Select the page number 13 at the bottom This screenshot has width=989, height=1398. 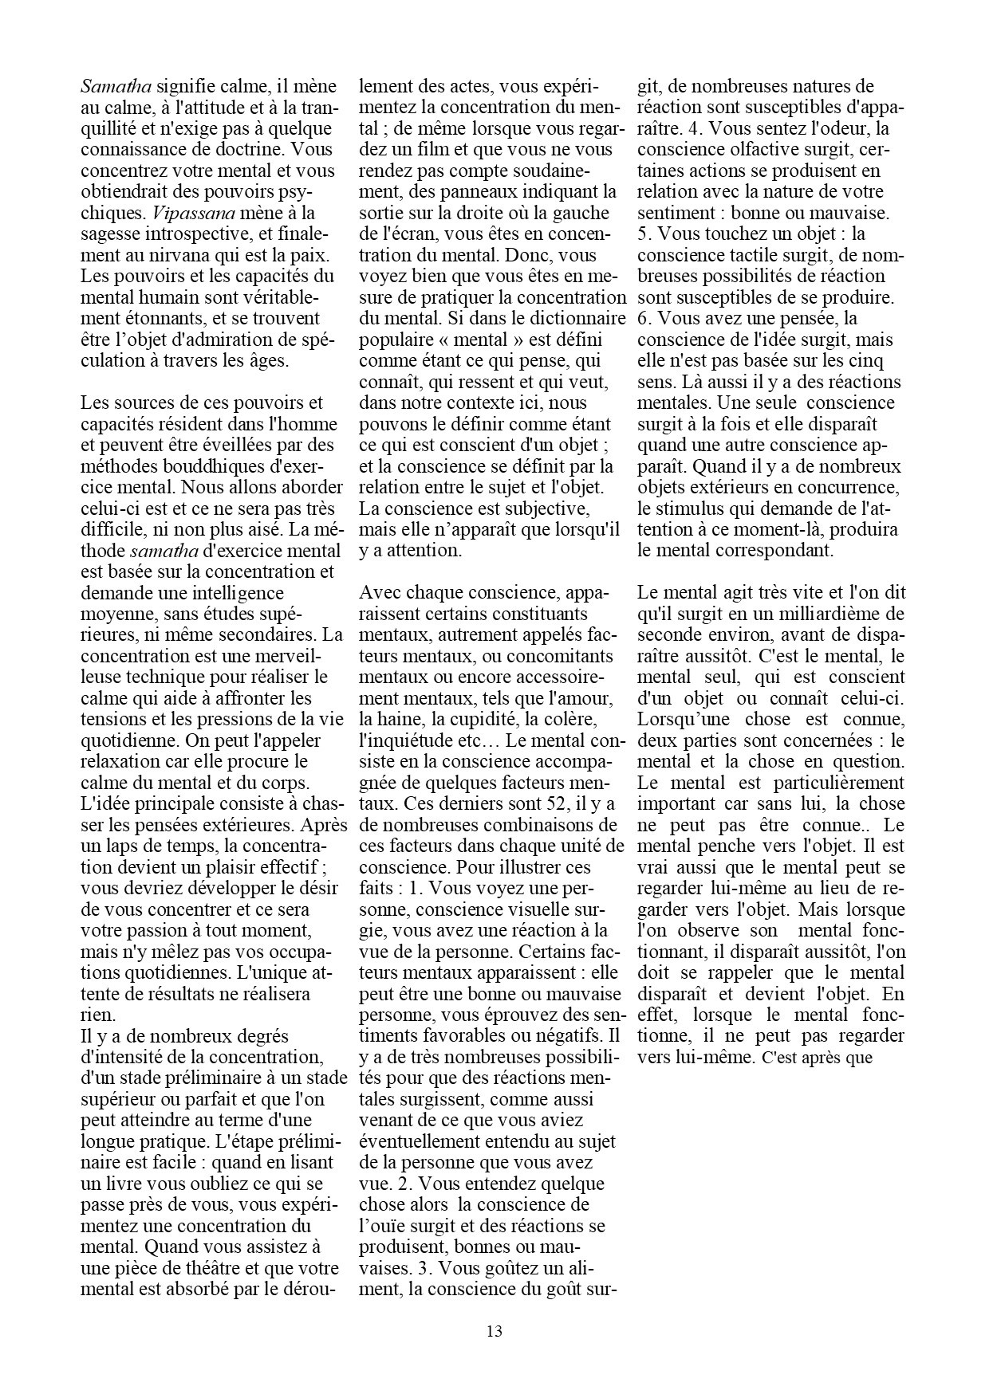point(494,1330)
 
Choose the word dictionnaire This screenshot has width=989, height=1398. point(580,318)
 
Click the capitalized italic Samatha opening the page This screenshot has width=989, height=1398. point(116,86)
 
